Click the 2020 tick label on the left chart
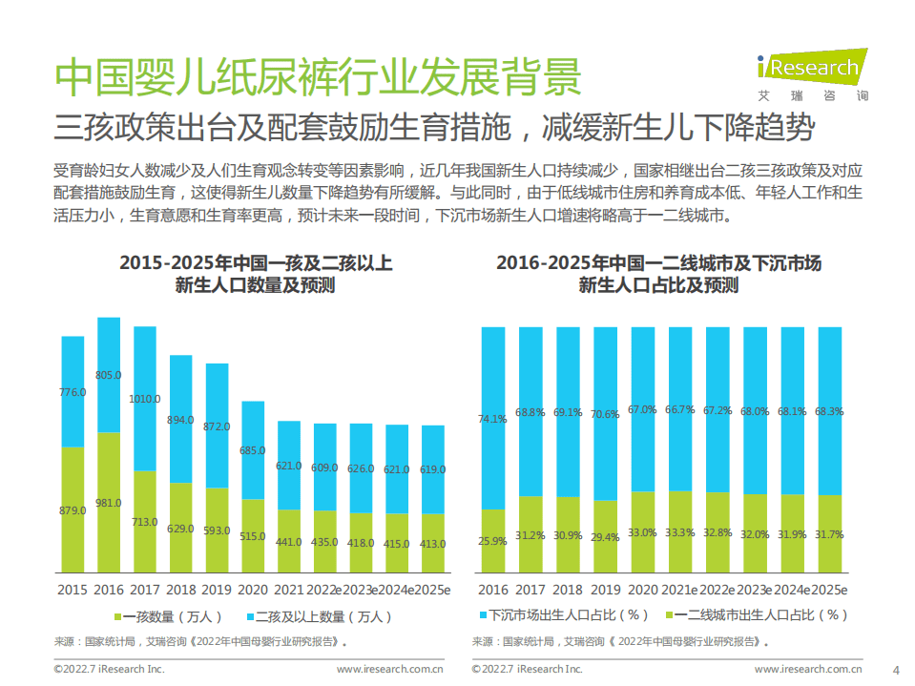click(x=253, y=589)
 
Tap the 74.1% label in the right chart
click(x=492, y=419)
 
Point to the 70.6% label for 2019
click(x=605, y=414)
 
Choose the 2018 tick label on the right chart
click(x=568, y=589)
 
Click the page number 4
click(x=895, y=668)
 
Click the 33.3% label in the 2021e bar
click(x=680, y=532)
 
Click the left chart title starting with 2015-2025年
click(x=255, y=274)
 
